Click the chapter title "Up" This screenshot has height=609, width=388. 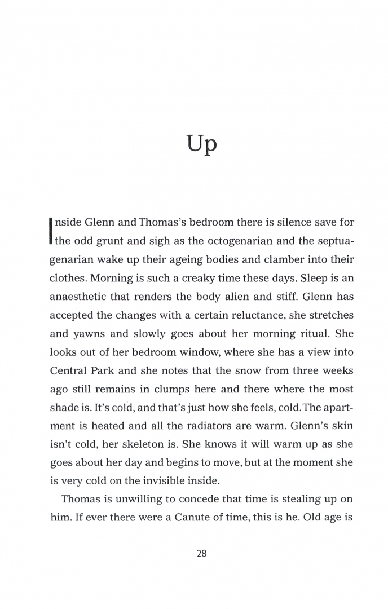click(x=201, y=145)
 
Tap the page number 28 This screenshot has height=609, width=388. click(x=202, y=553)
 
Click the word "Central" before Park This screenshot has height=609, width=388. click(x=69, y=370)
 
